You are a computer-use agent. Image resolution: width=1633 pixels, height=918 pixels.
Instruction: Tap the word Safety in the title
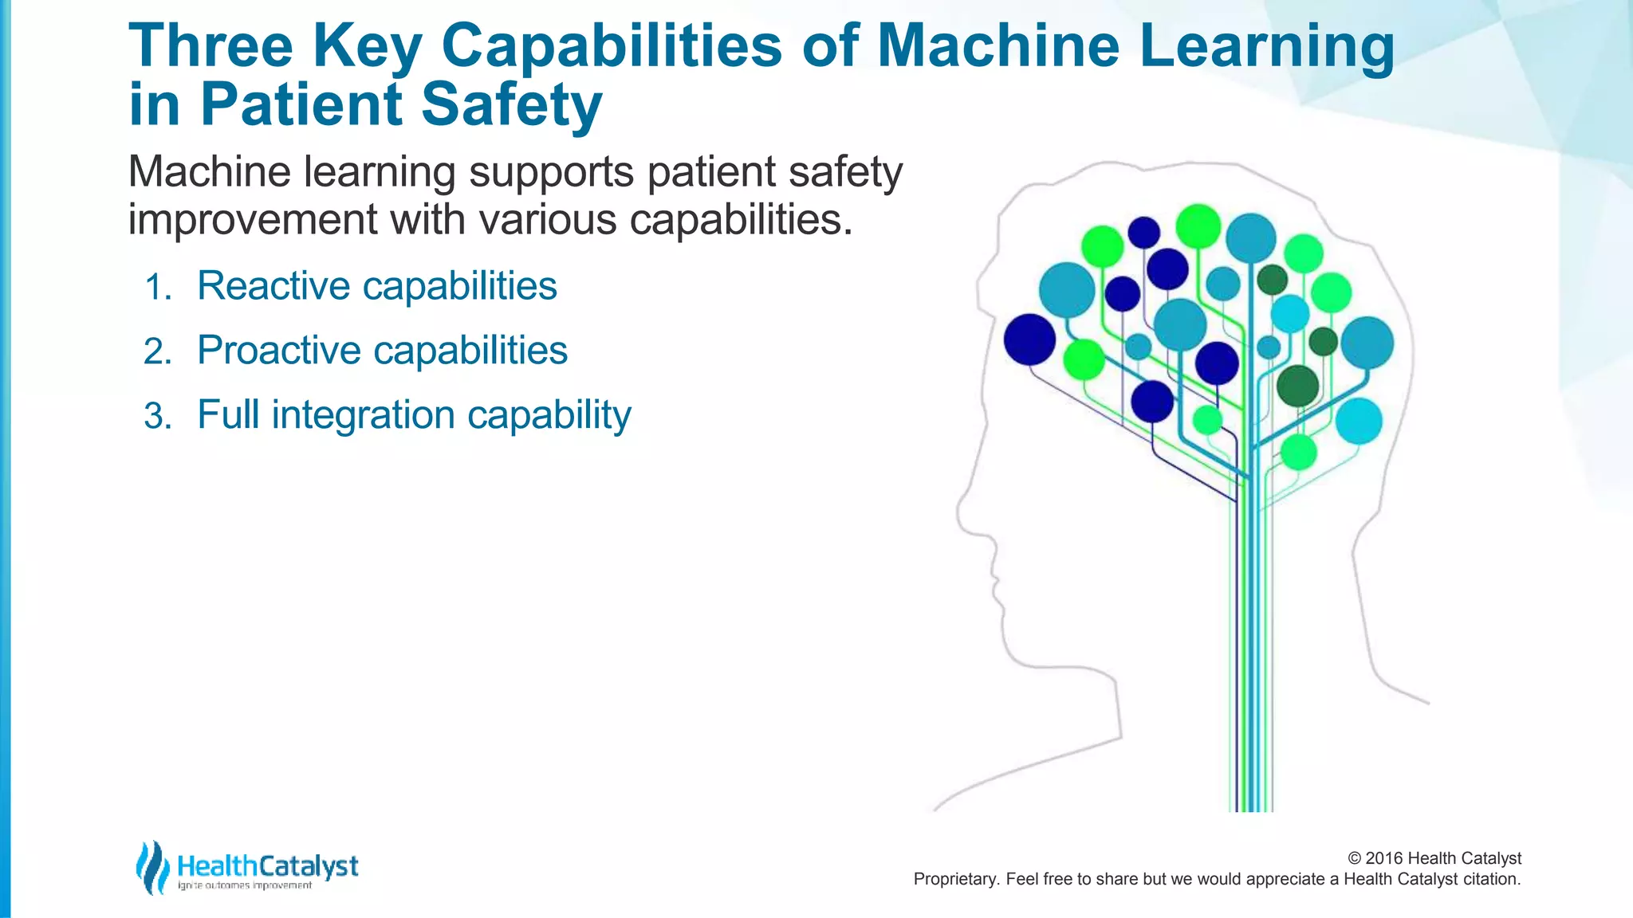click(511, 105)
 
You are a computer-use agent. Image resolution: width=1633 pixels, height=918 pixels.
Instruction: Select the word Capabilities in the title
click(612, 45)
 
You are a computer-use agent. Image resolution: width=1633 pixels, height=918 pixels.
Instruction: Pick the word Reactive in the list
click(273, 286)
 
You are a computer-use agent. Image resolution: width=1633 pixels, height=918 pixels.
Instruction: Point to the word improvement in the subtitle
click(252, 219)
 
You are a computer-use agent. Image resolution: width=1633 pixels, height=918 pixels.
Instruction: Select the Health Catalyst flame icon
click(151, 867)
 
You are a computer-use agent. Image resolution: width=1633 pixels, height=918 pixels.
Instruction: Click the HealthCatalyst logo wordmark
click(268, 865)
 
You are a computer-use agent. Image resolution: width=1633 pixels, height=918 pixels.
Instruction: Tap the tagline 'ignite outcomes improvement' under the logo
click(245, 886)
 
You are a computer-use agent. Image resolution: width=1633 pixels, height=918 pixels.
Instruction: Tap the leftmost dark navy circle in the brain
click(1029, 339)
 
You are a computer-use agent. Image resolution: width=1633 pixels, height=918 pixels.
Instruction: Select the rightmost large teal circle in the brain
click(1367, 343)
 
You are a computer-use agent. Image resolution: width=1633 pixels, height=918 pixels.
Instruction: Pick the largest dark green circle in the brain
click(1297, 386)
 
